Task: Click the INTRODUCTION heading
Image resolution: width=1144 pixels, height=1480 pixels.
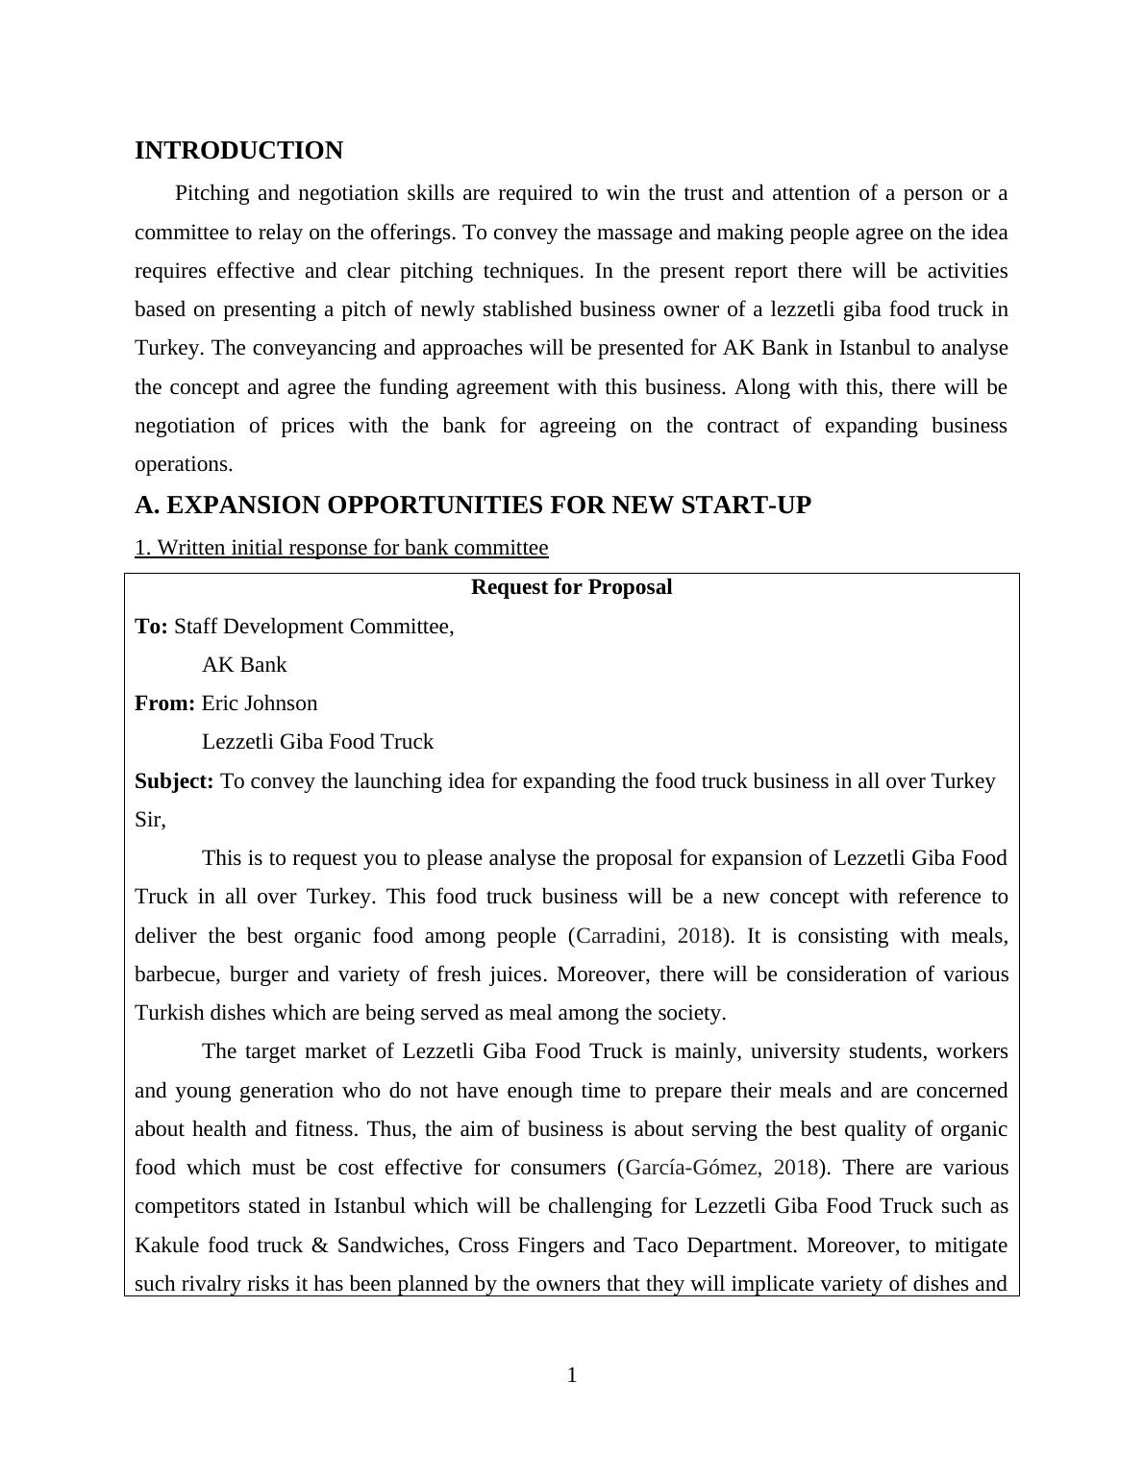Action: click(238, 151)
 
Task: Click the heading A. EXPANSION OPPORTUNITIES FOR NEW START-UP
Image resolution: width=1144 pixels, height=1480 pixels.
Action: click(472, 506)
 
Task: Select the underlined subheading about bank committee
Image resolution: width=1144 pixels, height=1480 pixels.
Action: click(341, 548)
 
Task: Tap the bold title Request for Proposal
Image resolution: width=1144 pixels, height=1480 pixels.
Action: click(571, 587)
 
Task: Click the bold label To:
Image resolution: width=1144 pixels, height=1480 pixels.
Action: click(151, 627)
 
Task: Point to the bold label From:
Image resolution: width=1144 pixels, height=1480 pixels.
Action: click(164, 703)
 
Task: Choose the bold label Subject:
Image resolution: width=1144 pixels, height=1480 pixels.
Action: click(174, 781)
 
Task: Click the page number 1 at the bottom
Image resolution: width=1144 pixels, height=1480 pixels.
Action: click(572, 1375)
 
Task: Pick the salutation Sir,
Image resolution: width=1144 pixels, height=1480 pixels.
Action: click(150, 820)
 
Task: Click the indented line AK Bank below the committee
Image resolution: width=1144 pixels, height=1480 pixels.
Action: click(244, 665)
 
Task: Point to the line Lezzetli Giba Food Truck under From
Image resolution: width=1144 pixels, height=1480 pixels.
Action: click(317, 742)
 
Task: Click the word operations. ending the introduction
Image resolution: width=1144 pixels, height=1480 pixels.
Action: click(184, 464)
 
